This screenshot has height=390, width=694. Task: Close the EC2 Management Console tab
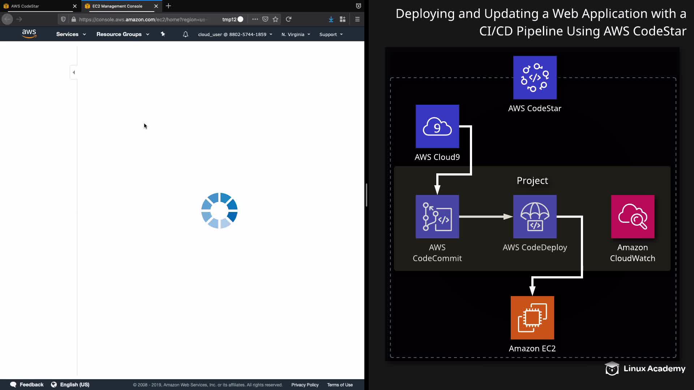156,6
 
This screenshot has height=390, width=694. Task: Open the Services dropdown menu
71,34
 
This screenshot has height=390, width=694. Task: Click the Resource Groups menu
123,34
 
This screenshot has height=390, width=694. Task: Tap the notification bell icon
185,34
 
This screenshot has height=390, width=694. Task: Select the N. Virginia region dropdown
296,34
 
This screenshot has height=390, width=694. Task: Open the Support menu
331,34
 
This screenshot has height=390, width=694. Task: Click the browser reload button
288,19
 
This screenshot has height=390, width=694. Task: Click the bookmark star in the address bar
275,19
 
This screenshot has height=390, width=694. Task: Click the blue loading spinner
219,211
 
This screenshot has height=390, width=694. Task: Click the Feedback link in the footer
27,385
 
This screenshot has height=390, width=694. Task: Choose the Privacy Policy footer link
305,385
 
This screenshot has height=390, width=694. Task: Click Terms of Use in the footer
340,385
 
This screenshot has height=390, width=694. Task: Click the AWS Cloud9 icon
437,126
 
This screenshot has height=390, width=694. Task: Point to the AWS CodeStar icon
535,78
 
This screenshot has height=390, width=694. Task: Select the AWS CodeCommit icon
437,217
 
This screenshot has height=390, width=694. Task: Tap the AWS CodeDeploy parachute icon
535,217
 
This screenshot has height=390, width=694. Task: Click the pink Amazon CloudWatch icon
633,217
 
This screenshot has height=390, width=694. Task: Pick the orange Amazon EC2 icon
532,318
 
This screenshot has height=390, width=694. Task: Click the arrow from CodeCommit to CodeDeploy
486,217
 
